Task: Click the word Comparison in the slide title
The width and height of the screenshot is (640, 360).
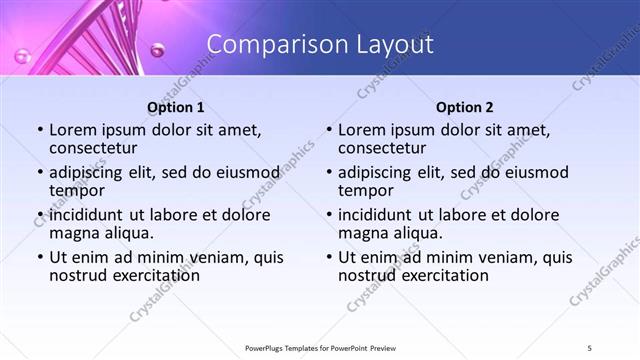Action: (265, 45)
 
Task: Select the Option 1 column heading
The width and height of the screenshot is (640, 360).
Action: (176, 108)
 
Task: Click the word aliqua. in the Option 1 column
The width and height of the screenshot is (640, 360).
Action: (128, 234)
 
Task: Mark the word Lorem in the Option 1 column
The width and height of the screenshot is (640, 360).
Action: (73, 130)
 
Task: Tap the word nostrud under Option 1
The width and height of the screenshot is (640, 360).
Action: (77, 276)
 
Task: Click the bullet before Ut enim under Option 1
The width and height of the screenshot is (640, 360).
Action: (40, 258)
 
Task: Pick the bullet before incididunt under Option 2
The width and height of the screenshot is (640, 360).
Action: (328, 215)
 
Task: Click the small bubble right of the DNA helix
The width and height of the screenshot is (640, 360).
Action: (156, 48)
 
